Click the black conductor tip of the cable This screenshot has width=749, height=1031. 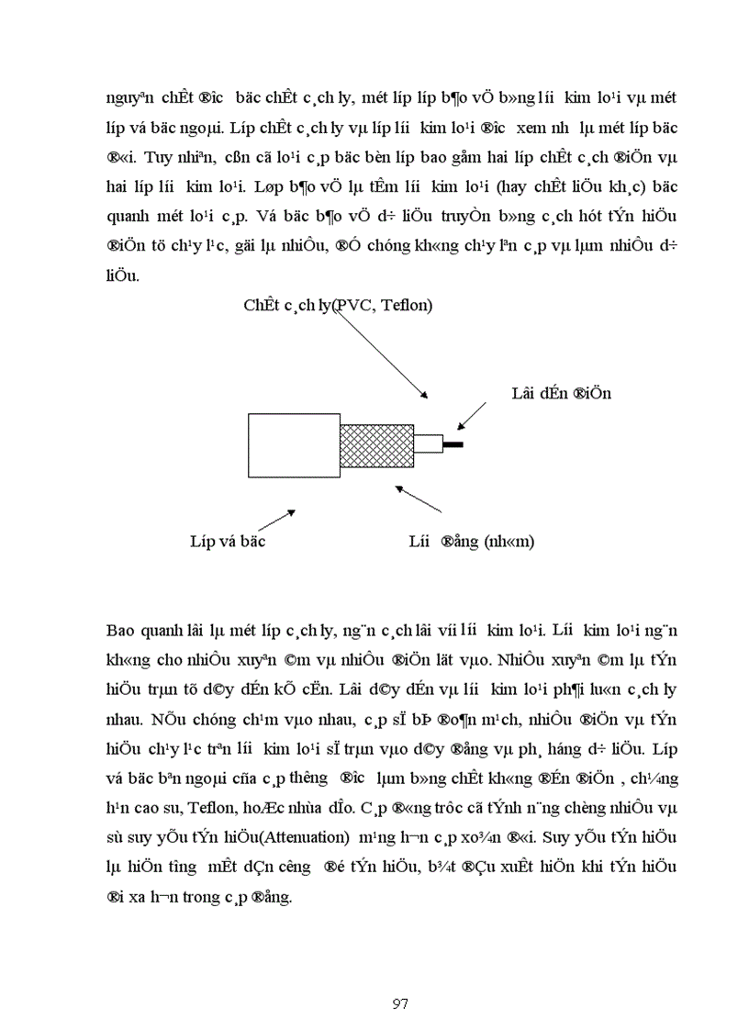coord(453,445)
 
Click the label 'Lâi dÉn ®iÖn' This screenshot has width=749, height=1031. coord(561,394)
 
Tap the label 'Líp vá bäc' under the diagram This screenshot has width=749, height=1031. coord(228,542)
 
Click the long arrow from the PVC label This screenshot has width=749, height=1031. coord(379,351)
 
